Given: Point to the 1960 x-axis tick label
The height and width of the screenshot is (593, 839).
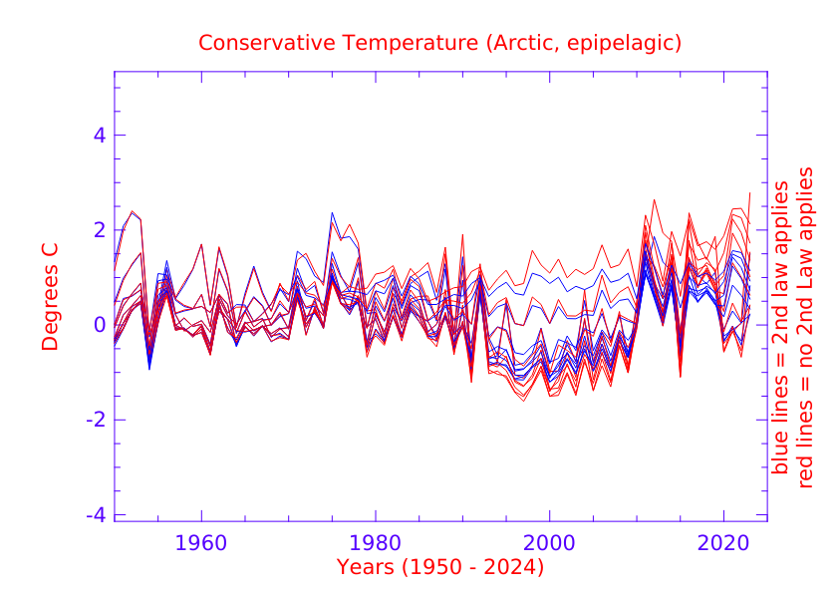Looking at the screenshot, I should [201, 546].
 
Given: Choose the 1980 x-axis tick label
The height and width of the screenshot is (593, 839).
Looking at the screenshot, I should [376, 546].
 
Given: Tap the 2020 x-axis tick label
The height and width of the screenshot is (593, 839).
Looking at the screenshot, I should [723, 546].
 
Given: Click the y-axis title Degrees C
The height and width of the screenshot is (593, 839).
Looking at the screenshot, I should [50, 297].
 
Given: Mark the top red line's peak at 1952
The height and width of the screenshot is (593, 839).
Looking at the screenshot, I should [132, 211].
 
